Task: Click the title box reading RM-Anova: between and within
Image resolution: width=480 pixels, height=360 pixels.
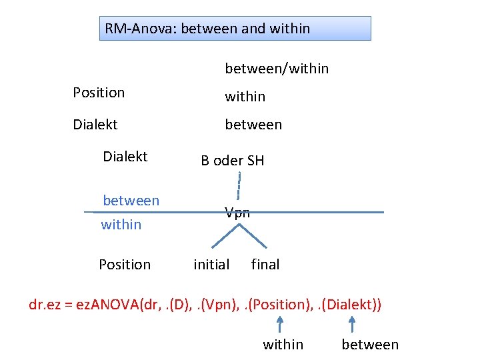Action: coord(235,29)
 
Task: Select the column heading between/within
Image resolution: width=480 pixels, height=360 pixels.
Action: coord(277,69)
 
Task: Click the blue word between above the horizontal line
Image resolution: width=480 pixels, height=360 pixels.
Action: coord(131,201)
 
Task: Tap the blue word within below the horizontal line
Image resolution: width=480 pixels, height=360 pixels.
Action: coord(121,225)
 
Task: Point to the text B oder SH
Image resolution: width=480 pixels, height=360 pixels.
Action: coord(233,161)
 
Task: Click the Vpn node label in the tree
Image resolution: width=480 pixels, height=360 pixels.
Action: coord(237,213)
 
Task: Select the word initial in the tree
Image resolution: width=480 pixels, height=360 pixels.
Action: coord(211,265)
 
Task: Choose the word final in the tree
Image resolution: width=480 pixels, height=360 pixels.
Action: coord(265,265)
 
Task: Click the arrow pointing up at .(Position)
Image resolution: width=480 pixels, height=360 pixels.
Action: coord(280,324)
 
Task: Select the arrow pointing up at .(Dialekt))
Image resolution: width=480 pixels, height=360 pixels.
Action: coord(352,324)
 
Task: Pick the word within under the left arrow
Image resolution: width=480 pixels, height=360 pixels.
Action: coord(283,345)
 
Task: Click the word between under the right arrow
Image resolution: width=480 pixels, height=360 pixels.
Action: coord(370,345)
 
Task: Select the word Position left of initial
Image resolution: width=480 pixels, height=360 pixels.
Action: coord(125,265)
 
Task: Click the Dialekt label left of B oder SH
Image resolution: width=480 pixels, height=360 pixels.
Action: coord(125,157)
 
